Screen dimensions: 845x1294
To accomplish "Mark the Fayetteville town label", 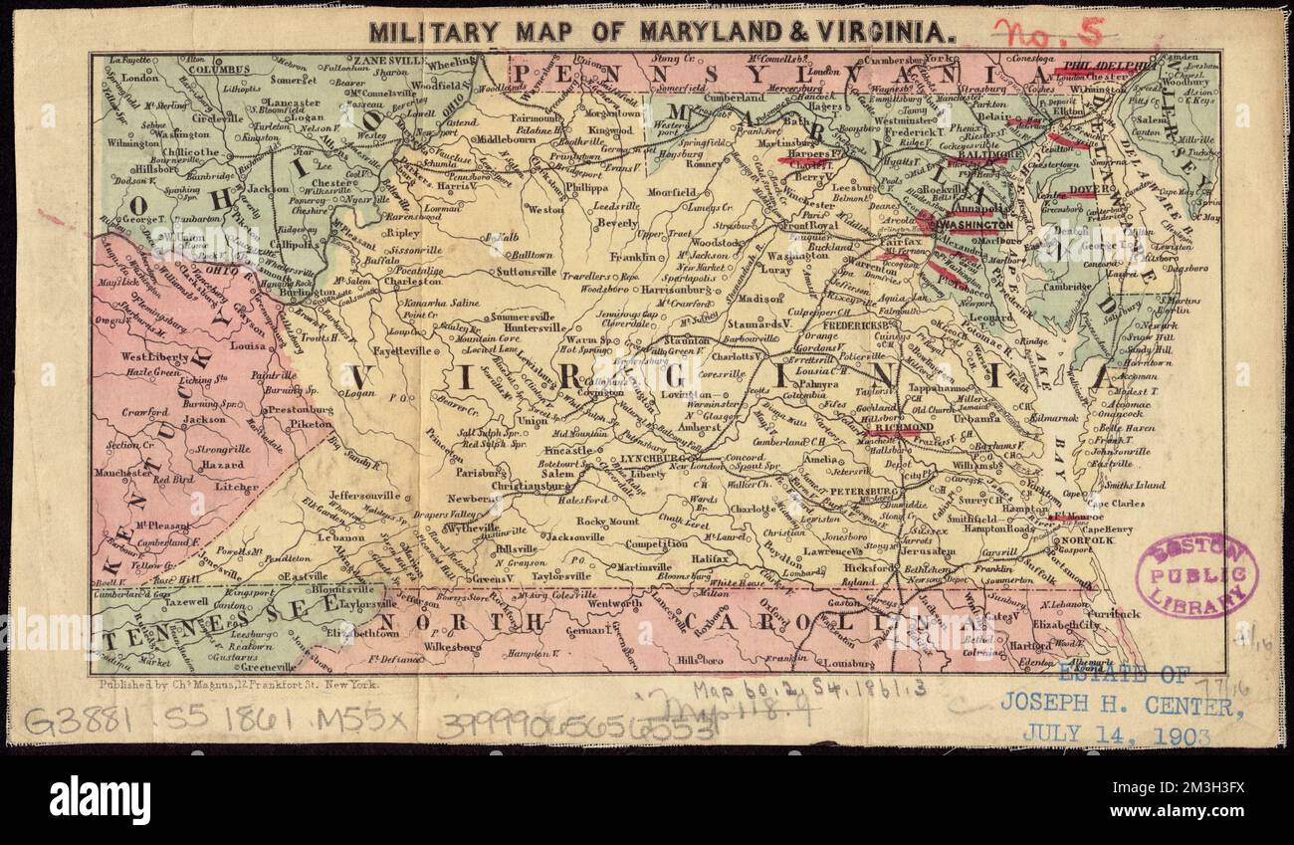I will (401, 350).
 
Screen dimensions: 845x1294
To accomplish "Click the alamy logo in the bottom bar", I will (100, 799).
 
